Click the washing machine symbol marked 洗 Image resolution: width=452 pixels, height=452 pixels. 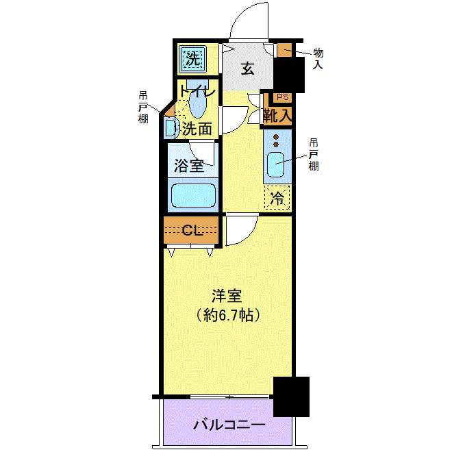tap(193, 60)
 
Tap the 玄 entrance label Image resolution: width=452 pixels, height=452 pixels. tap(248, 68)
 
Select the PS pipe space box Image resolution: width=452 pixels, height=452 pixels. tap(282, 97)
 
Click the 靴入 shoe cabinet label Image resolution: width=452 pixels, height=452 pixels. tap(278, 116)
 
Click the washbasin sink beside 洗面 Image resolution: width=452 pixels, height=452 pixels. tap(170, 127)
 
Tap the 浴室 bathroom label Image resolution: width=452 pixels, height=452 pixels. tap(189, 166)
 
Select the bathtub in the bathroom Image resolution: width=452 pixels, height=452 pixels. tap(193, 195)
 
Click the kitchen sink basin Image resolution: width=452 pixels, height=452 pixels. tap(275, 164)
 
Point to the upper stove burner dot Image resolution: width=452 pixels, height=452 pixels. tap(276, 137)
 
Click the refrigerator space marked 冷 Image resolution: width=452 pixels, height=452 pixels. tap(277, 197)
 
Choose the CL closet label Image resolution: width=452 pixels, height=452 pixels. tap(192, 230)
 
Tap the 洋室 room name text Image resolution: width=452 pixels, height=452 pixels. tap(227, 296)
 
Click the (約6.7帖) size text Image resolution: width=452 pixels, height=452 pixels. tap(228, 315)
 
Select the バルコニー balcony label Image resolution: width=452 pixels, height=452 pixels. tap(229, 425)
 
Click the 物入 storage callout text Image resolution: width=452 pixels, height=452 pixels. tap(318, 58)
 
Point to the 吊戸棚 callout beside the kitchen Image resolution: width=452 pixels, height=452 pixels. tap(314, 155)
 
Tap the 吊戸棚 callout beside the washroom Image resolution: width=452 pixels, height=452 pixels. tap(143, 108)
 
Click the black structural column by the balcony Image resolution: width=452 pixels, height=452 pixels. tap(291, 397)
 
